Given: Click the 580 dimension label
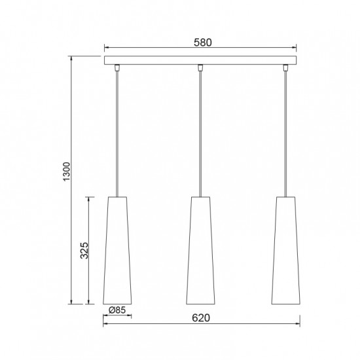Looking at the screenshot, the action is point(203,43).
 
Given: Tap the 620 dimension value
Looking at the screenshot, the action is point(201,318).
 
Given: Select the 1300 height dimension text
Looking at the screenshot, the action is point(67,171).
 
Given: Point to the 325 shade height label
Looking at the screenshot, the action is point(84,250).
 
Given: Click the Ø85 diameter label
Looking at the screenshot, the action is point(117,310).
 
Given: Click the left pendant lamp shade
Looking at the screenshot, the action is point(117,251).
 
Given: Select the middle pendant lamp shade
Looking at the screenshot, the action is point(200,251).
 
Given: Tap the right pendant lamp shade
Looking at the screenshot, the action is point(286,251).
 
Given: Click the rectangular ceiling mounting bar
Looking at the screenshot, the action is point(200,60).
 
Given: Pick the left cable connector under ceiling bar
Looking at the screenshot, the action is point(117,68).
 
